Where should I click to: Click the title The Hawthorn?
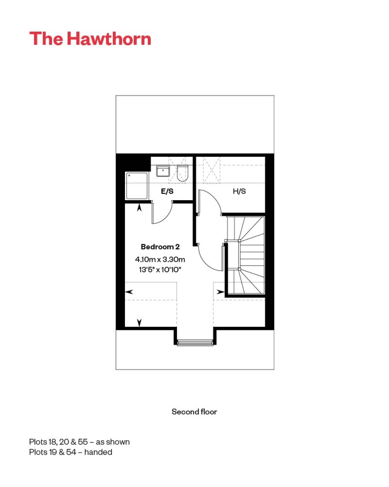click(x=90, y=39)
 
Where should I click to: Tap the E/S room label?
click(x=167, y=191)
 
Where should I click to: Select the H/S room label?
click(x=239, y=191)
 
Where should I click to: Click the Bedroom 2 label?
click(x=160, y=247)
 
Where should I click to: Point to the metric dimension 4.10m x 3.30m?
click(x=160, y=259)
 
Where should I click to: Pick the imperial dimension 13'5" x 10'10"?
click(x=160, y=270)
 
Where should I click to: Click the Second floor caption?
click(x=194, y=412)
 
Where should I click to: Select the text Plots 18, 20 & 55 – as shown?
click(x=79, y=442)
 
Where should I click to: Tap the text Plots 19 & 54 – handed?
click(x=71, y=452)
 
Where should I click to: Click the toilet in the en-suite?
click(x=183, y=173)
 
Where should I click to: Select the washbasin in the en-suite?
click(x=163, y=171)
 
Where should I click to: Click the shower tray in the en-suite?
click(x=137, y=186)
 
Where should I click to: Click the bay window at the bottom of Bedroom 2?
click(x=195, y=342)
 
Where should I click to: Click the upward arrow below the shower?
click(x=139, y=208)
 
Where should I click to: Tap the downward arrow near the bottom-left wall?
click(x=139, y=322)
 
